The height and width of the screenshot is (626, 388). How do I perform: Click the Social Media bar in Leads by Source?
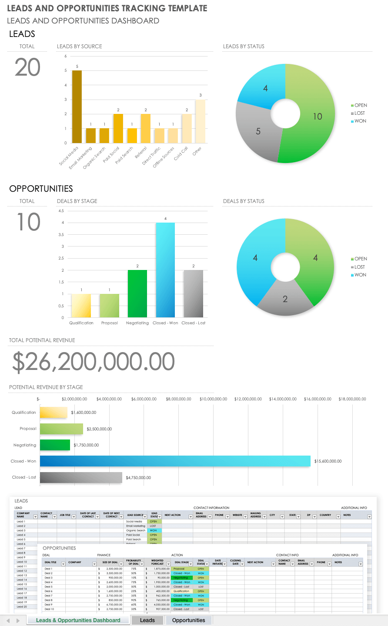point(77,107)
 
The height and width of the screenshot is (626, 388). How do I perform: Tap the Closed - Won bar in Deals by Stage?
point(165,270)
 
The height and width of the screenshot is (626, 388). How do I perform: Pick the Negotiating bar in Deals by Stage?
point(137,294)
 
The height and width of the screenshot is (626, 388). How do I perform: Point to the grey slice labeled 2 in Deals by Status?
point(285,298)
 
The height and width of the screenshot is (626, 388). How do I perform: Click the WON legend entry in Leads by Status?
point(360,121)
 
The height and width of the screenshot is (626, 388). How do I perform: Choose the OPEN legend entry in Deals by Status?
point(361,259)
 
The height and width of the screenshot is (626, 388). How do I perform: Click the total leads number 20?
point(27,67)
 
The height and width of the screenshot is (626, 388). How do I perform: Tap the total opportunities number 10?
point(28,222)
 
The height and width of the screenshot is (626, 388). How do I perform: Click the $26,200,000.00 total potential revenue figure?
point(94,362)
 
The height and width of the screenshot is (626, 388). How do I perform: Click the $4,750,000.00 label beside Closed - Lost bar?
point(138,477)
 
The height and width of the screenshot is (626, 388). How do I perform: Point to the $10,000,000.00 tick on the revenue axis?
point(213,399)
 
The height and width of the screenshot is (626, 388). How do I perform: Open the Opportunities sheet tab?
point(188,620)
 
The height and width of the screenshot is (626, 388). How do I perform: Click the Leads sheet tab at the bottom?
point(147,620)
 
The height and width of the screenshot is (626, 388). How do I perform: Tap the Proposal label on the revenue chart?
point(28,429)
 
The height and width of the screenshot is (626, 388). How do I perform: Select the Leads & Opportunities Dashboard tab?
point(78,620)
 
